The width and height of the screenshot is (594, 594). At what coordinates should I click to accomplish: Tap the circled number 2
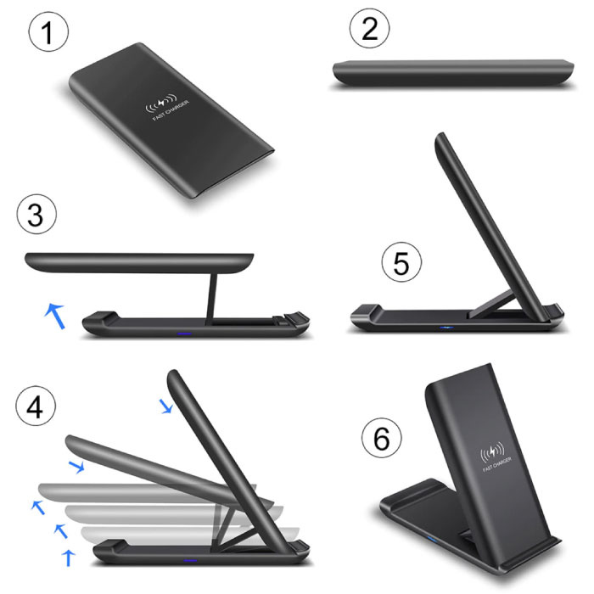[369, 31]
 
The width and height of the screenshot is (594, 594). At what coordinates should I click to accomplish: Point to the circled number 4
[35, 408]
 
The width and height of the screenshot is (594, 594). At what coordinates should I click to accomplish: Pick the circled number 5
[401, 264]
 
